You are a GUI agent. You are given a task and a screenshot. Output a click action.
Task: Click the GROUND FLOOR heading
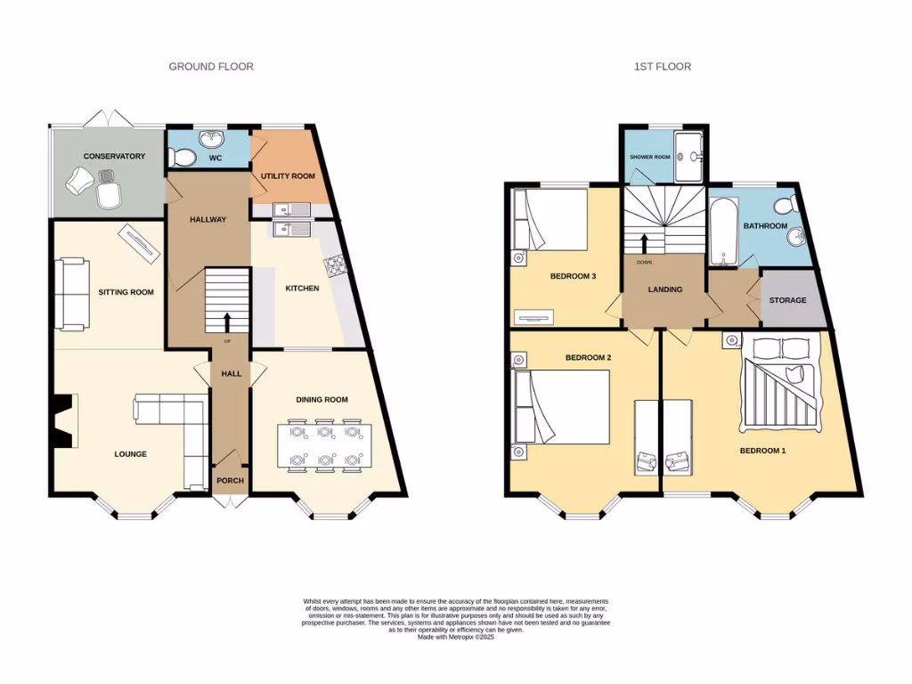pos(211,67)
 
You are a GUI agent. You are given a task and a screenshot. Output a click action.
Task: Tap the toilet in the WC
pos(184,158)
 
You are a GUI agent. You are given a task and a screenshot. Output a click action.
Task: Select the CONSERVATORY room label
pos(114,157)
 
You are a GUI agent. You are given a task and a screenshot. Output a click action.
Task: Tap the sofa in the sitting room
pos(71,293)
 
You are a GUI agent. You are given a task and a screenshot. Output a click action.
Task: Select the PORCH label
pos(230,481)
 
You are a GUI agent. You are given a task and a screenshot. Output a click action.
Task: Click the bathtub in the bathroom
pos(722,232)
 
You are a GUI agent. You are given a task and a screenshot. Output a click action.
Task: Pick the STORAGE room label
pos(787,300)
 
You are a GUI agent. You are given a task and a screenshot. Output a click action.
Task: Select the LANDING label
pos(664,289)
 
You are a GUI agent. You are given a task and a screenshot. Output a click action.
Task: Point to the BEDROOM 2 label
pos(588,358)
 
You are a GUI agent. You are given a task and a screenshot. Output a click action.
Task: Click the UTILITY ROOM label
pos(288,176)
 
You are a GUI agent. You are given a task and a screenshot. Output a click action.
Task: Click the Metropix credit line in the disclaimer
pos(455,636)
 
